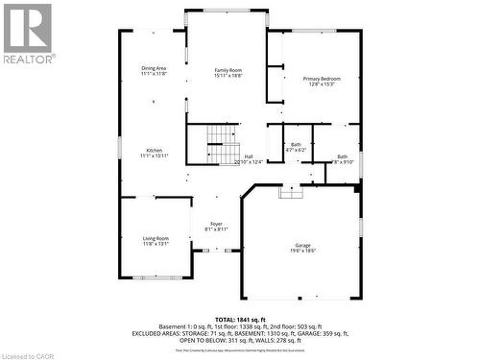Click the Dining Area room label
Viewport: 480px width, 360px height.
pos(154,67)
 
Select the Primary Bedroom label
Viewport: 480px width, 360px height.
pos(322,78)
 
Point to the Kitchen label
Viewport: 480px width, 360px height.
pos(154,150)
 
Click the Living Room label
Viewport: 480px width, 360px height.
pos(156,238)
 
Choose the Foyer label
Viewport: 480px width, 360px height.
pos(216,224)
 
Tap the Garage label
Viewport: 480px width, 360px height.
pos(303,244)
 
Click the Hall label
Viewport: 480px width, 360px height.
pos(249,156)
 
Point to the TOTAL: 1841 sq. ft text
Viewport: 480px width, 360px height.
pos(240,318)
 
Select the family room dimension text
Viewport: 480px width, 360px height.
pos(228,77)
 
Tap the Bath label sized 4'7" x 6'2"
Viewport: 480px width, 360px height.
pos(296,145)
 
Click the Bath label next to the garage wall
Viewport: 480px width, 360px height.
pos(342,156)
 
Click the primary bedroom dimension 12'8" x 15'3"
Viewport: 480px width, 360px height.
pos(322,84)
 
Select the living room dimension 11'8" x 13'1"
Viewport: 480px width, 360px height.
pos(156,244)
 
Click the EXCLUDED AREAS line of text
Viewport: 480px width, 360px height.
pos(240,333)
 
